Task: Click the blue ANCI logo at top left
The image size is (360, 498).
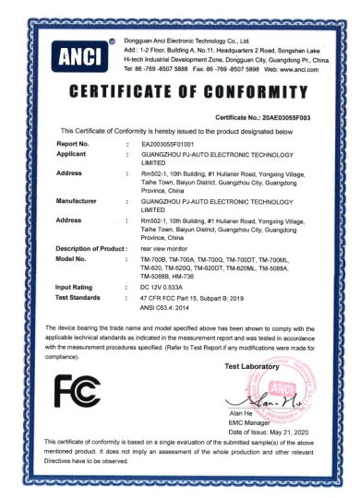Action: coord(73,57)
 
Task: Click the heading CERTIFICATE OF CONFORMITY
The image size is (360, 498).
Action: coord(180,92)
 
